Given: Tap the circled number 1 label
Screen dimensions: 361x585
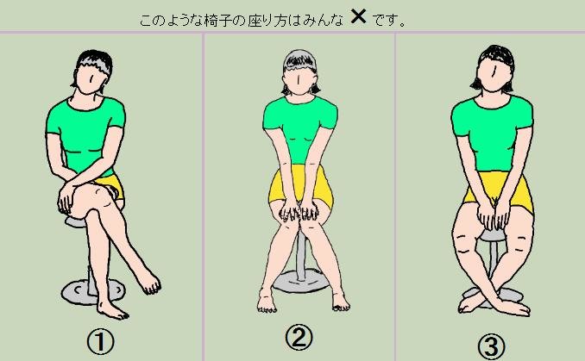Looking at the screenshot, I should (103, 342).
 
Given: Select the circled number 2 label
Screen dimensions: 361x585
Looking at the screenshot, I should (299, 339).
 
